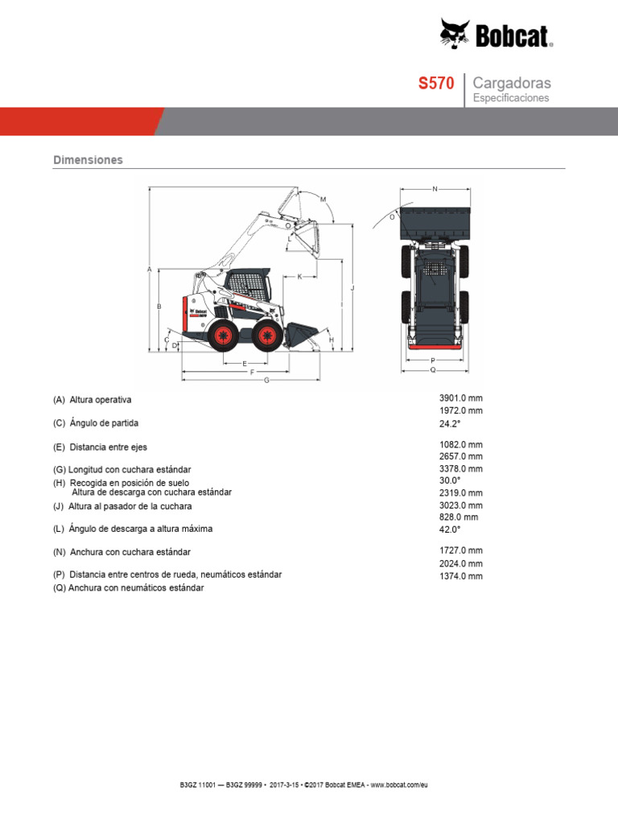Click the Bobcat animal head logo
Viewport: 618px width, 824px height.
pos(455,34)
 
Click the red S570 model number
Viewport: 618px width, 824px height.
pos(436,84)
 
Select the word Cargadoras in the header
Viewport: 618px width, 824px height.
pos(512,83)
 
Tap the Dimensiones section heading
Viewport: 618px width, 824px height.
pos(88,160)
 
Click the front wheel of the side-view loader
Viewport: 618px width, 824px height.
pos(267,335)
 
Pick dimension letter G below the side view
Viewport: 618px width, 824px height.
pos(266,380)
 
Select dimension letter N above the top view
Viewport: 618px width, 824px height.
pos(435,189)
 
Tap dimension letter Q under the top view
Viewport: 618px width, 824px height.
pos(433,370)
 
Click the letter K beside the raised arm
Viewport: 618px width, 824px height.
pos(299,277)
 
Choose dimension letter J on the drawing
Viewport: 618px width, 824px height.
pos(352,287)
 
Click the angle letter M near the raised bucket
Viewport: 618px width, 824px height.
pos(323,199)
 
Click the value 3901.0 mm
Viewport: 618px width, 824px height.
pos(461,398)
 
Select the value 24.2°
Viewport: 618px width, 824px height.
pos(451,422)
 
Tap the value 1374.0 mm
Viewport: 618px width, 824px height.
pos(461,576)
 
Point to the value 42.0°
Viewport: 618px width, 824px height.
pos(451,529)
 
